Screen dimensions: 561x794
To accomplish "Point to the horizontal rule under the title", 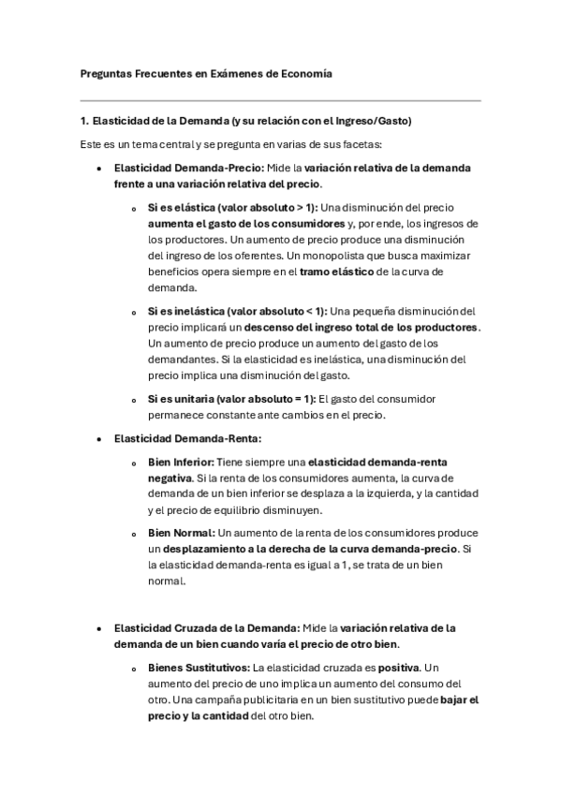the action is (280, 100).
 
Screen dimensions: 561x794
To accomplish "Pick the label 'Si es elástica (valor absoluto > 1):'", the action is (233, 208).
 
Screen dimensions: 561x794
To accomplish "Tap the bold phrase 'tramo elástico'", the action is (334, 272).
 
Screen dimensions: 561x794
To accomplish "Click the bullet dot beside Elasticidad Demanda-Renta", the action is (99, 438).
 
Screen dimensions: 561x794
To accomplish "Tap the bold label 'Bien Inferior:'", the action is (182, 462).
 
